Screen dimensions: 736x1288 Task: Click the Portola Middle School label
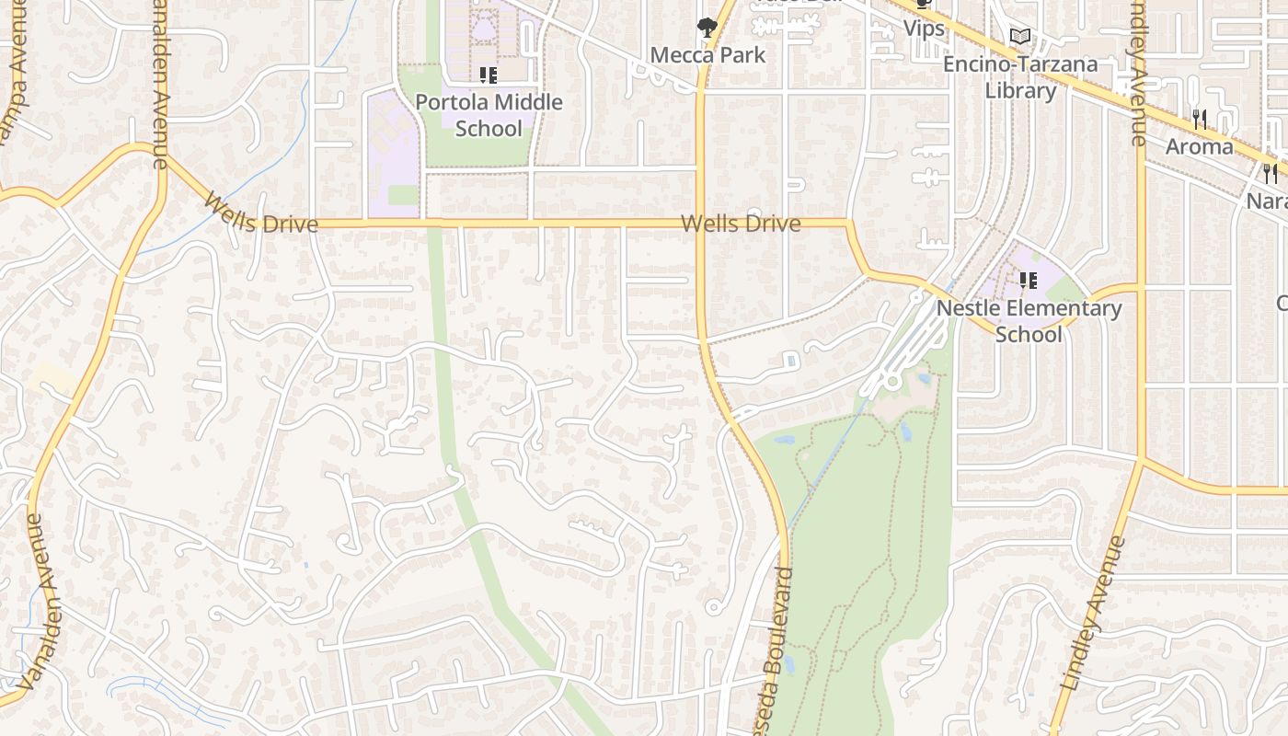click(489, 115)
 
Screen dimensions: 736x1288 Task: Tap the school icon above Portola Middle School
click(488, 75)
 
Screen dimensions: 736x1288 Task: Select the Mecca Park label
click(707, 55)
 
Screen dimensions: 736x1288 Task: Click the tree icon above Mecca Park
click(707, 29)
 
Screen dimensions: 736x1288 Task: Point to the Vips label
click(924, 29)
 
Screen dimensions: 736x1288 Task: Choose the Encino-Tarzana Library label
click(1020, 77)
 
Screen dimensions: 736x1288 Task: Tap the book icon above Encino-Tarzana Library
click(1019, 37)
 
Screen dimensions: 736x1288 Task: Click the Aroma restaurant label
click(1200, 146)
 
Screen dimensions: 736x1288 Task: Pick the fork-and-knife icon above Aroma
click(1200, 119)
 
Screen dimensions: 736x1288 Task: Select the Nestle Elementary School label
click(1029, 320)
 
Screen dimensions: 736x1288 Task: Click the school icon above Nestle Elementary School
click(1028, 280)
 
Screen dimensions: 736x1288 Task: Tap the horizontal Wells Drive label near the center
click(741, 224)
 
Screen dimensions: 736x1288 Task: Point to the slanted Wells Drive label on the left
click(261, 214)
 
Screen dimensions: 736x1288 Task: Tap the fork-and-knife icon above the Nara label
click(1270, 173)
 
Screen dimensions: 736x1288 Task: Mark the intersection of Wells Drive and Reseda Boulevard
click(700, 223)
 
